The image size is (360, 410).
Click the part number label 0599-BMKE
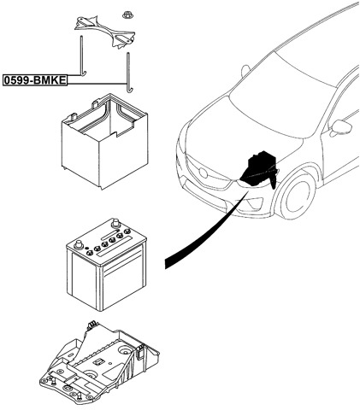point(35,79)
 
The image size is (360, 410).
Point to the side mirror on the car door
point(341,127)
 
